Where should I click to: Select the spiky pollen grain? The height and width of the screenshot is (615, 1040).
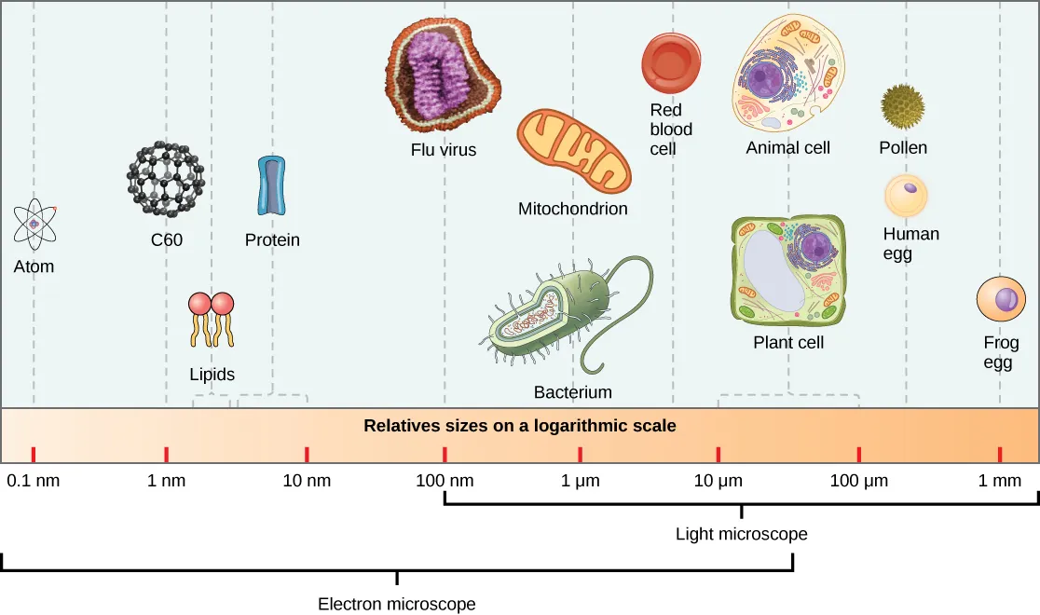(x=903, y=105)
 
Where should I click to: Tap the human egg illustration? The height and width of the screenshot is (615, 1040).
(x=907, y=196)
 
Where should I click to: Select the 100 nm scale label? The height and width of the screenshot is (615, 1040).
(x=445, y=482)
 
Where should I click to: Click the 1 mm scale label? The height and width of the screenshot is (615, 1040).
(x=1000, y=482)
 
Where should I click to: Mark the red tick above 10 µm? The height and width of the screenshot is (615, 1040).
(x=718, y=455)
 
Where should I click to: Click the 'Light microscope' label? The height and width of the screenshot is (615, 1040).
(x=741, y=534)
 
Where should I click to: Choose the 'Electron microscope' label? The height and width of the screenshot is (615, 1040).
(x=397, y=604)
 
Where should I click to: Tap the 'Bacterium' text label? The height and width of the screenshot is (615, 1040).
(x=572, y=392)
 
